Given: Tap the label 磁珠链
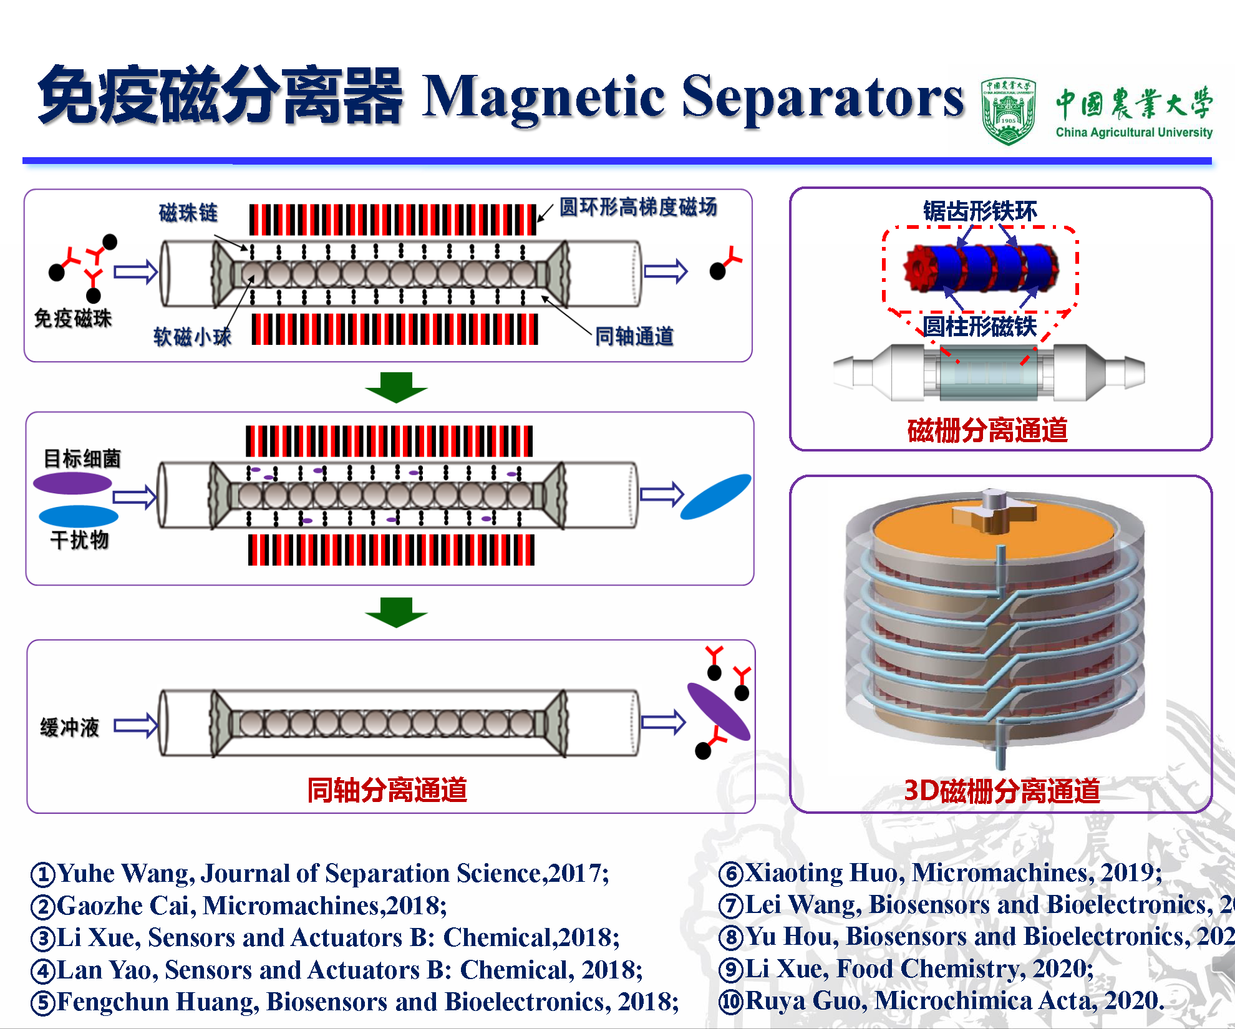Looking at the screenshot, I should (188, 213).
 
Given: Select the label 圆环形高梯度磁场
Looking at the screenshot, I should (637, 207).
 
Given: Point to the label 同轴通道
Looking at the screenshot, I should (634, 336).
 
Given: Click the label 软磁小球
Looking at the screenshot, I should (192, 337).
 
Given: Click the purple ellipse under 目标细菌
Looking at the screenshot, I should (72, 483).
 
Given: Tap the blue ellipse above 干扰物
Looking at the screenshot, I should (79, 516).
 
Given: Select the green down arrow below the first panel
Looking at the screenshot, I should (396, 387).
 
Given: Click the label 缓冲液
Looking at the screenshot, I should (70, 727).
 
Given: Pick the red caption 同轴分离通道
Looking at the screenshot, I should (387, 790).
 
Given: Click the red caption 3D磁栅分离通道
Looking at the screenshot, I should (1002, 791).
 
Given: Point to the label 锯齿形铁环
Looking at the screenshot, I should (980, 211).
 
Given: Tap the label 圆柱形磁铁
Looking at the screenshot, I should (979, 326).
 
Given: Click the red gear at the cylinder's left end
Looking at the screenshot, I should (918, 268).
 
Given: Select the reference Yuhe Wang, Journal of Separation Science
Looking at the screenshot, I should (320, 873).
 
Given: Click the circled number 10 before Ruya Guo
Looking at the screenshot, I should (730, 1002).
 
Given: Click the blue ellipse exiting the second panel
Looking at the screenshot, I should (715, 496).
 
